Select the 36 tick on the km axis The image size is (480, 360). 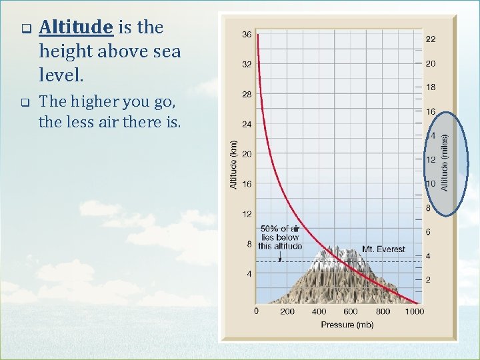coord(247,35)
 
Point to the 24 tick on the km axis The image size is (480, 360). coord(247,124)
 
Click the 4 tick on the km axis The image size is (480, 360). coord(249,274)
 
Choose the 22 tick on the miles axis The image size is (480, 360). coord(431,39)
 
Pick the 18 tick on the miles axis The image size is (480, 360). coord(431,87)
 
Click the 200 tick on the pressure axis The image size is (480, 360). coord(287,311)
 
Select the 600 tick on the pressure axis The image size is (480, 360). coord(351,311)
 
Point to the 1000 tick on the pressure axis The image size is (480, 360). coord(413,311)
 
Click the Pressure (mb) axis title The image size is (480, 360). coord(347,325)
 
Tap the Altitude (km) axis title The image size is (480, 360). coord(233,164)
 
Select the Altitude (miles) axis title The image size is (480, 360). coord(445,163)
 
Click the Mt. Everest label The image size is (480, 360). coord(383,249)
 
